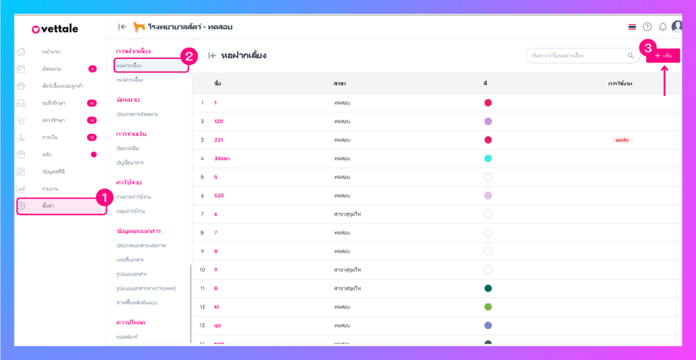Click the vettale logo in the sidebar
coord(54,29)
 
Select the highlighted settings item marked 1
coord(61,206)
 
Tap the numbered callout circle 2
coord(189,56)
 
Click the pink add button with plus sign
coord(663,56)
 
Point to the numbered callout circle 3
coord(647,48)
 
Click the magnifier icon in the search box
coord(630,56)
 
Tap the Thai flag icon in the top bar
coord(632,27)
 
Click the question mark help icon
coord(647,27)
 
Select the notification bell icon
coord(663,27)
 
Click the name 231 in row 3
coord(219,140)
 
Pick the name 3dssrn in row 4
coord(222,159)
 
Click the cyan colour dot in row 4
coord(488,159)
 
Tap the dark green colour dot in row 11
coord(488,288)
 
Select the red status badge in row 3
coord(622,140)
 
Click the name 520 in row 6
coord(219,196)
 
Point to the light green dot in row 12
coord(488,307)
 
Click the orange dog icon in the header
coord(139,27)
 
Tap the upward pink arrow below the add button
coord(664,80)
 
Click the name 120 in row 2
coord(219,121)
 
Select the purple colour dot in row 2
coord(488,121)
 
